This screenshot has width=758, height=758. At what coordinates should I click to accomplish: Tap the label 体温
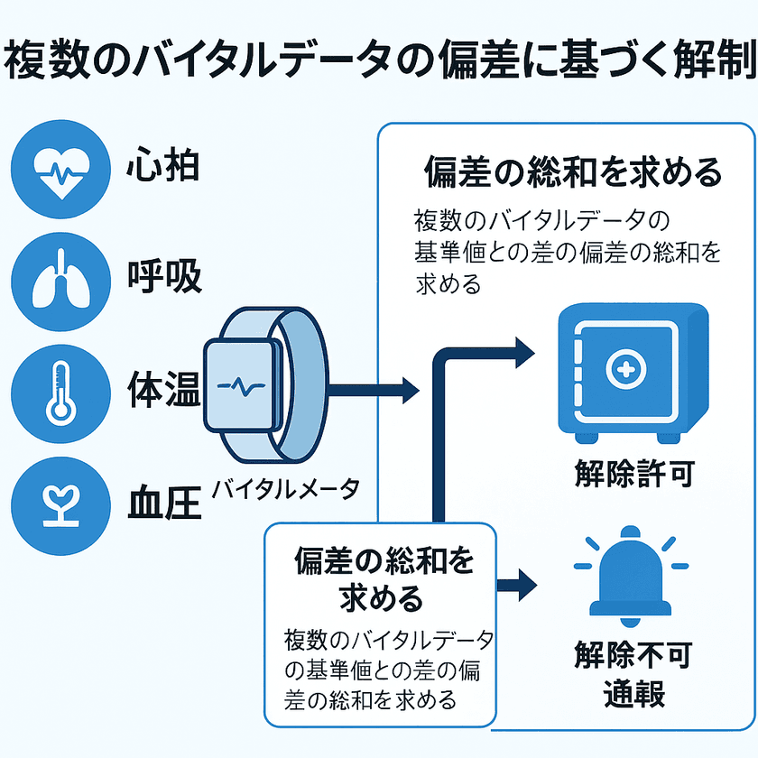tap(162, 391)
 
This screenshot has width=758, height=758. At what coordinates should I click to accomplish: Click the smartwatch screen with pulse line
tap(242, 384)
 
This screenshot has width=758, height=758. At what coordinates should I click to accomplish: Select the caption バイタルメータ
tap(286, 489)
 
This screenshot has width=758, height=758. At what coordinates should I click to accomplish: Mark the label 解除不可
tap(634, 656)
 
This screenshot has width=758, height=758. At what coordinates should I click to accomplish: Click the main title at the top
tap(379, 60)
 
